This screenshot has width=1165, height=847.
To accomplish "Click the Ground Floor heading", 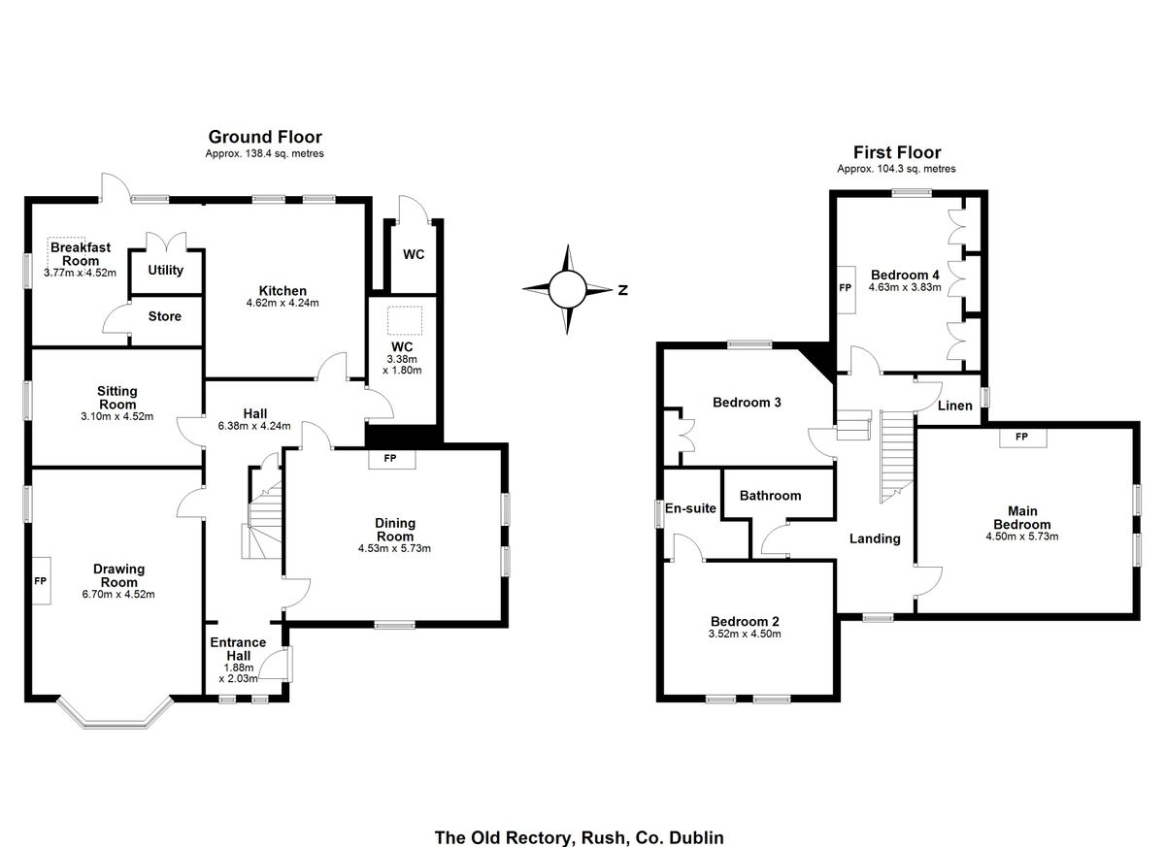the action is (265, 137).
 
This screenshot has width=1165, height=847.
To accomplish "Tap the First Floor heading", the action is (897, 152).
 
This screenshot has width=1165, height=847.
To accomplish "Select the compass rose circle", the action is (567, 289).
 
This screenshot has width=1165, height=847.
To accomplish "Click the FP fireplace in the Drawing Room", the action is (41, 581).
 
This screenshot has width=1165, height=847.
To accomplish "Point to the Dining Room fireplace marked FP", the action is (391, 459).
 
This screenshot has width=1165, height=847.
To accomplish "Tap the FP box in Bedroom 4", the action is (846, 289).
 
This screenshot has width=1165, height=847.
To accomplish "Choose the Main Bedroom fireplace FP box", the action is (1023, 437).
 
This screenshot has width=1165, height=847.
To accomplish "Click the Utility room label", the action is (165, 271).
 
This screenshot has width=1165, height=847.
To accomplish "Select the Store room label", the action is (165, 316).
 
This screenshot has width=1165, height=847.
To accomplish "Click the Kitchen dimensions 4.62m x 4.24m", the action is (283, 303).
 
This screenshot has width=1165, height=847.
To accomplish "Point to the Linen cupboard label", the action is (955, 406).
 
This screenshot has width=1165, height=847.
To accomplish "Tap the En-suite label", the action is (690, 508).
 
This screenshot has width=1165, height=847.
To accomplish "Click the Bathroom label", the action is (770, 496).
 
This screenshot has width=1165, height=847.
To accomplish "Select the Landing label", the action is (875, 538).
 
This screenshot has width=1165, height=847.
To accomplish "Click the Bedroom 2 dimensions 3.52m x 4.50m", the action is (745, 634).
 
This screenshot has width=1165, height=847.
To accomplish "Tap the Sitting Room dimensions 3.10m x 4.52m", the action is (117, 417).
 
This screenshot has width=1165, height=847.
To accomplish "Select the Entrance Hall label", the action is (238, 649).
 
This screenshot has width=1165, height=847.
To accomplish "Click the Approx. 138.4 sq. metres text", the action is (265, 154).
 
